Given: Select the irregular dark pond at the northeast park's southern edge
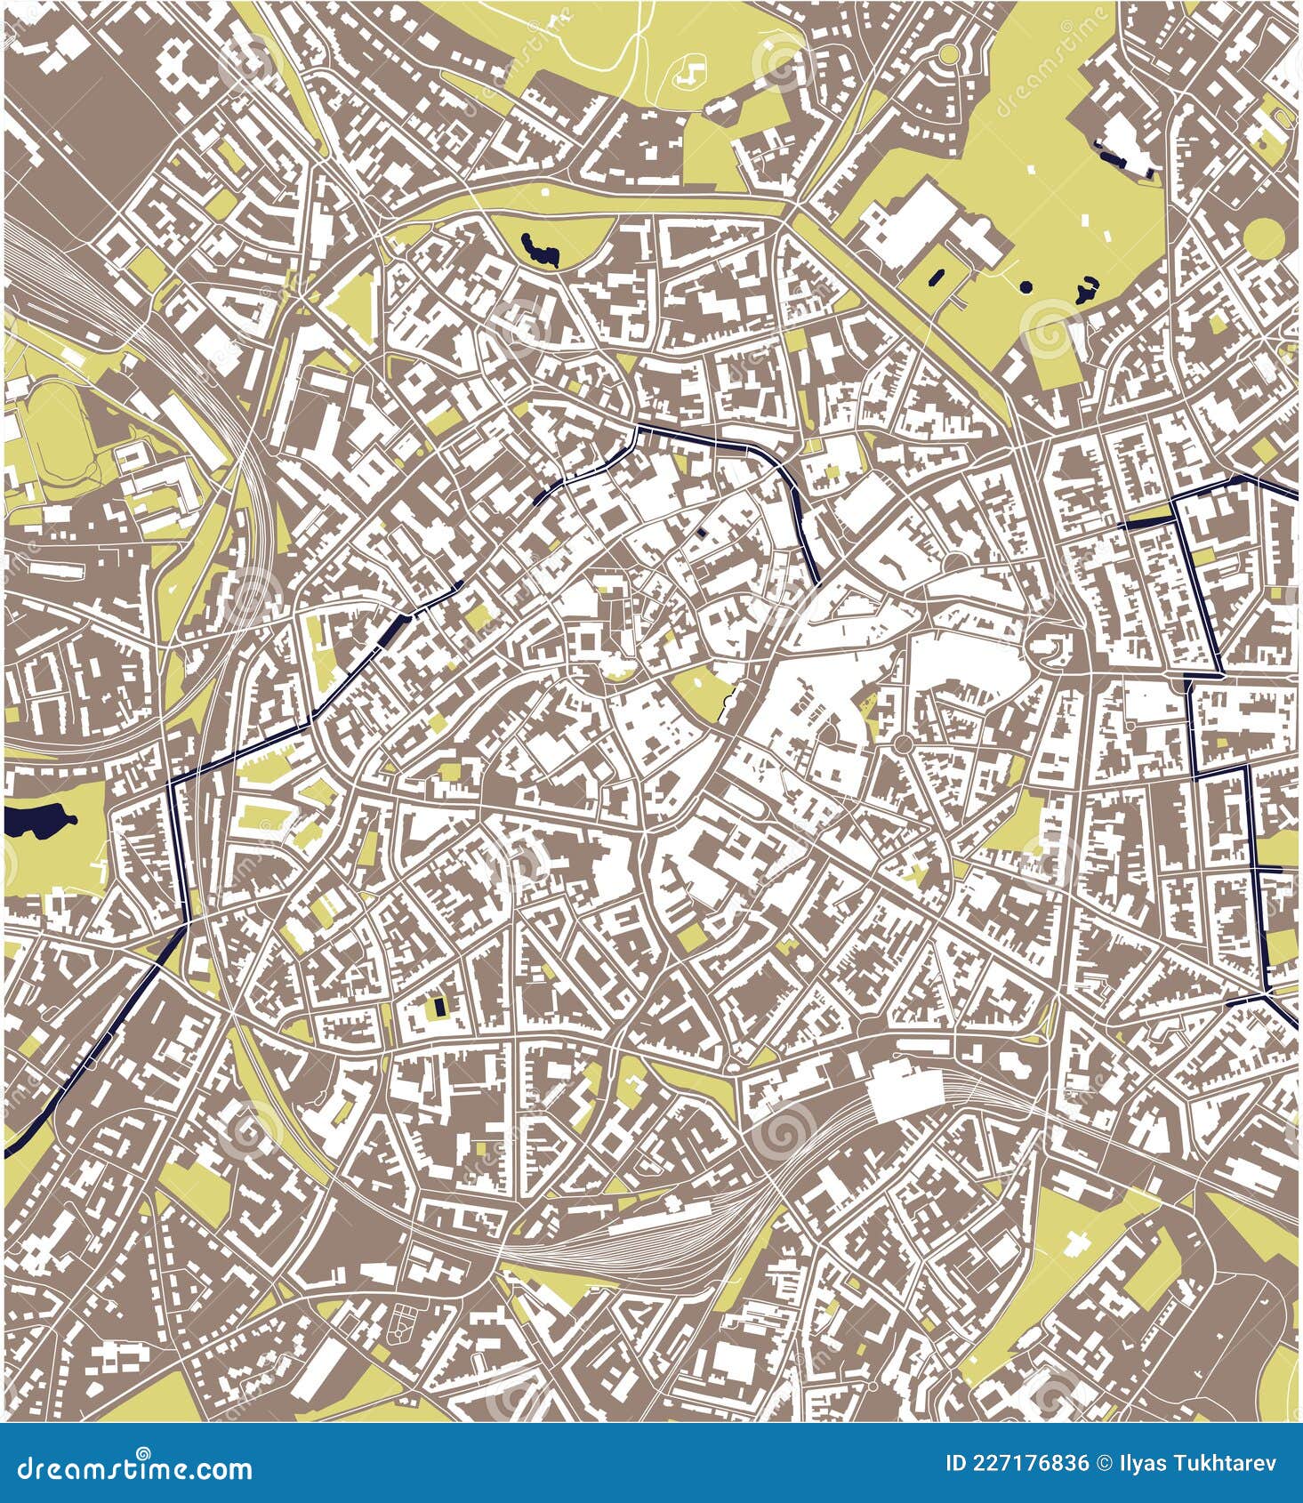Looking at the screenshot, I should tap(1084, 291).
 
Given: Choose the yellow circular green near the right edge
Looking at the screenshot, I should tap(1263, 237).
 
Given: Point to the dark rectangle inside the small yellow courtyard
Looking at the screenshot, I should tap(438, 1009).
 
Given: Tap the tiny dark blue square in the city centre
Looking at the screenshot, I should tap(702, 533).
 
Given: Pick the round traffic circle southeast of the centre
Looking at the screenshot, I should tap(902, 743).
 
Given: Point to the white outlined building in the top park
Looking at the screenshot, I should tap(690, 73).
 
